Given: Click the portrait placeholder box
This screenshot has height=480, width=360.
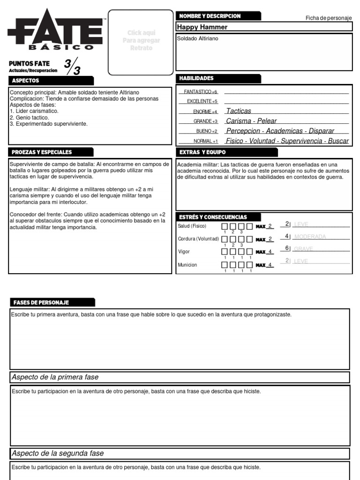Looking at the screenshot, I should [141, 42].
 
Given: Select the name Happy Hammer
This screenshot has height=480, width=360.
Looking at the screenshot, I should [202, 27].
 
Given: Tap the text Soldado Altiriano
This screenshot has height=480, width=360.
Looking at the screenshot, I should [197, 38].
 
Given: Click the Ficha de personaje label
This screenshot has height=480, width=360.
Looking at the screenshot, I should [328, 18].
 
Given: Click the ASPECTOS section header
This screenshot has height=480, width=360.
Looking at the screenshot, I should [26, 81].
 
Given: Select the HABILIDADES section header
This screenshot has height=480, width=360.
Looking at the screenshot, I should [196, 78].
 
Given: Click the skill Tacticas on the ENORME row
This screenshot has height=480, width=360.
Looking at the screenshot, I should [239, 111].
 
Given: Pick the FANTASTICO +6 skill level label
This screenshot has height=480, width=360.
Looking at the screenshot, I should [201, 92].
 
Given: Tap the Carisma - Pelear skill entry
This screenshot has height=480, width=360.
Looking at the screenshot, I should [251, 121].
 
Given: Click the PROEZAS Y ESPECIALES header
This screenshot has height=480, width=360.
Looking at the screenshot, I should [42, 152].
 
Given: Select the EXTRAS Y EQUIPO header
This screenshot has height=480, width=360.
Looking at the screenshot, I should [202, 152].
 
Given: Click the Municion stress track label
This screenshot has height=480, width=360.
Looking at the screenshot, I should [187, 265].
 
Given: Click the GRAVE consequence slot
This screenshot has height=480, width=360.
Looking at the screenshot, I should [303, 249].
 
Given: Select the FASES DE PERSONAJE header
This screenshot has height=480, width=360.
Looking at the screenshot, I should [41, 302].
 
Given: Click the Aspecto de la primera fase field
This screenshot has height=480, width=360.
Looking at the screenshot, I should [180, 377].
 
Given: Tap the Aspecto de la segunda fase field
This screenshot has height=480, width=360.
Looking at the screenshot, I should [180, 453].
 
